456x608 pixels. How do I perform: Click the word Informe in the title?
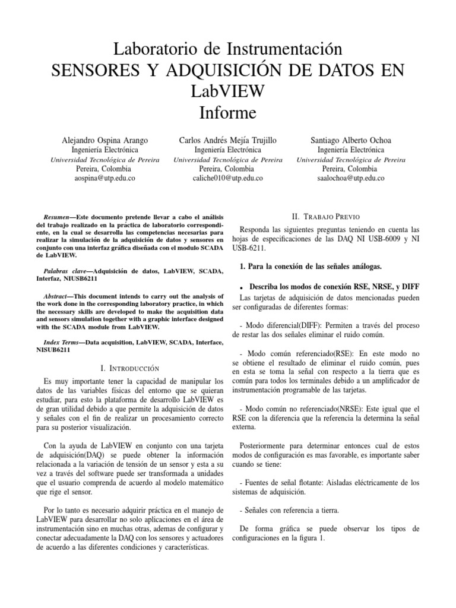click(x=228, y=112)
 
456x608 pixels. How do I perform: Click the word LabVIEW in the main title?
click(x=228, y=91)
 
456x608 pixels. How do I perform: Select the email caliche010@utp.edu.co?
click(x=228, y=178)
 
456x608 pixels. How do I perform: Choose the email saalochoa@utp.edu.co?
click(x=351, y=178)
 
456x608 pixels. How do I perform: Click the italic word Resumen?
click(x=58, y=217)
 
